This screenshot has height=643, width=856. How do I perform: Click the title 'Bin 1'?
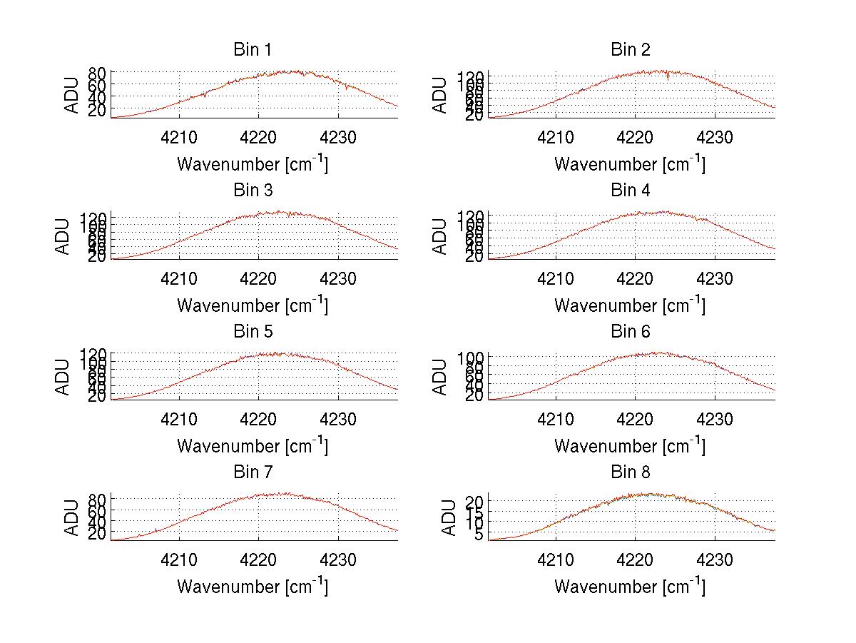pyautogui.click(x=252, y=50)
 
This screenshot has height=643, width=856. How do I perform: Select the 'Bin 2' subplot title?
pyautogui.click(x=630, y=50)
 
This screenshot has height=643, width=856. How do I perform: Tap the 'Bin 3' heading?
pyautogui.click(x=252, y=191)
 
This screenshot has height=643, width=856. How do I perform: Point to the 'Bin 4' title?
pyautogui.click(x=630, y=191)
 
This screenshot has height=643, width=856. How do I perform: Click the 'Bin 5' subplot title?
pyautogui.click(x=252, y=332)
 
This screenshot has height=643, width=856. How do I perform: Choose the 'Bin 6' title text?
pyautogui.click(x=630, y=332)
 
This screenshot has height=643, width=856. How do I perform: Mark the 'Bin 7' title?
pyautogui.click(x=252, y=472)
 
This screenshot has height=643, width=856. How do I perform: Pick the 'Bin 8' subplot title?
pyautogui.click(x=630, y=472)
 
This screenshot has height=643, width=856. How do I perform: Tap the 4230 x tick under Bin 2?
pyautogui.click(x=715, y=137)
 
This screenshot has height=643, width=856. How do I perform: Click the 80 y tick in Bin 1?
pyautogui.click(x=98, y=73)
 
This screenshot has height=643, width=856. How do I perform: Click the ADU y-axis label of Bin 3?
pyautogui.click(x=63, y=236)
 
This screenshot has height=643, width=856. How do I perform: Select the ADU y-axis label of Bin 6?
pyautogui.click(x=440, y=377)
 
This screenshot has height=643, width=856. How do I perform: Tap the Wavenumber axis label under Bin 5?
pyautogui.click(x=253, y=446)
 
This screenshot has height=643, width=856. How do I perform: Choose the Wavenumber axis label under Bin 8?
pyautogui.click(x=630, y=587)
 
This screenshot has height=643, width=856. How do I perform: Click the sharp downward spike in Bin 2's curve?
pyautogui.click(x=668, y=78)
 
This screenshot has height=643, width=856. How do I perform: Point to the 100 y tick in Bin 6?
pyautogui.click(x=475, y=357)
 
